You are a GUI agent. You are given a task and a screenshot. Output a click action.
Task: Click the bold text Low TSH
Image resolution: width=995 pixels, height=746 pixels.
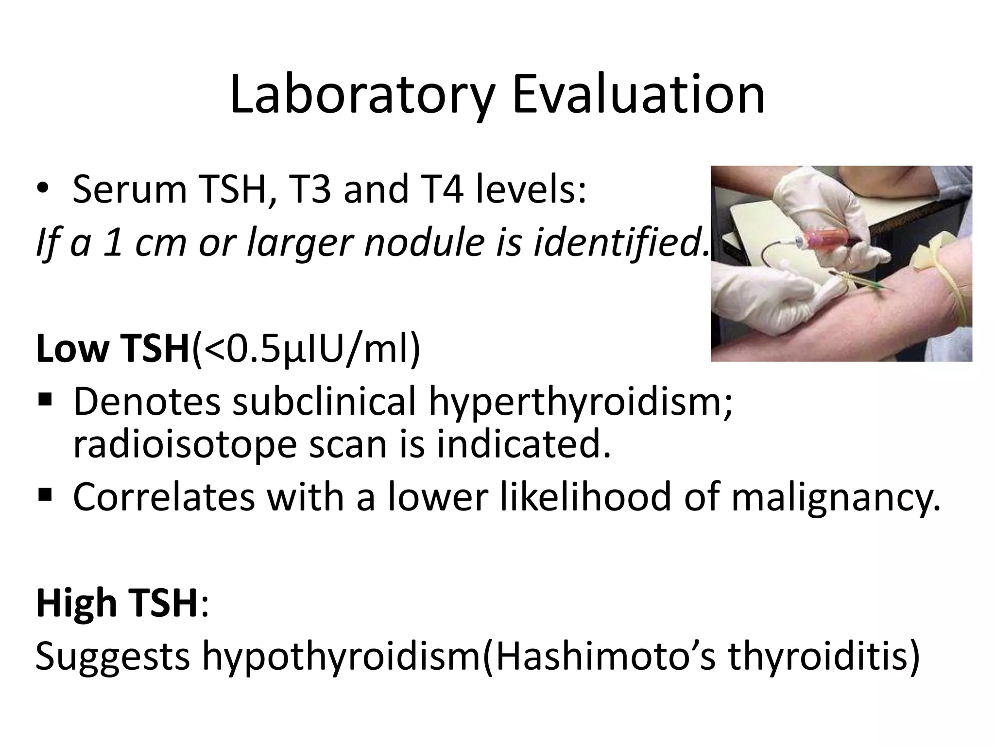point(112,349)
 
